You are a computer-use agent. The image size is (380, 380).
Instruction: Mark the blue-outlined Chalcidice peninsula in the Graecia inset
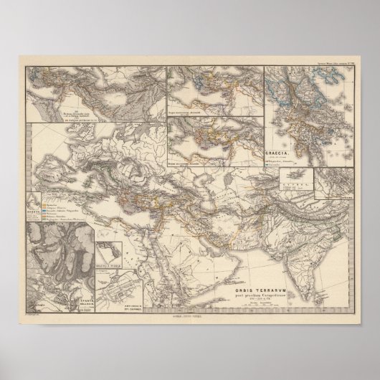[x=295, y=90]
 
